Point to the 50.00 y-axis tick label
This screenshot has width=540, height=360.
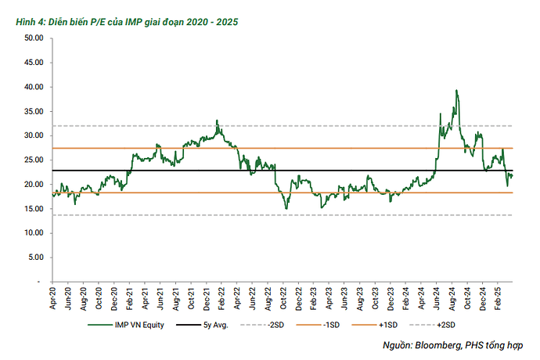(x=33, y=38)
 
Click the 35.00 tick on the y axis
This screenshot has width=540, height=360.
(x=33, y=111)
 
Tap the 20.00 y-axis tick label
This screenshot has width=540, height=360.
(x=33, y=184)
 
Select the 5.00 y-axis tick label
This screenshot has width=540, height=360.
(x=35, y=257)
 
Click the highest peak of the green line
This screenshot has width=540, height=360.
(x=456, y=91)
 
